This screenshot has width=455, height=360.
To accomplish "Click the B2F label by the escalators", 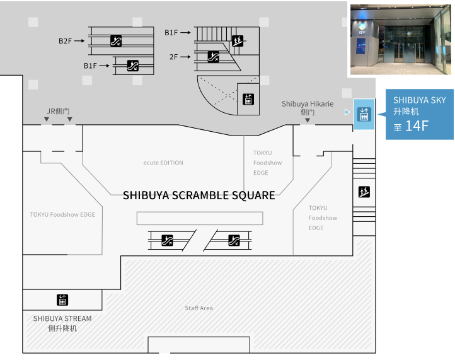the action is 65,41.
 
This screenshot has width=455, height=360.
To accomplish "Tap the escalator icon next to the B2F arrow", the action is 116,41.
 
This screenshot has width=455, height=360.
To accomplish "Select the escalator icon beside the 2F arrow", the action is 213,57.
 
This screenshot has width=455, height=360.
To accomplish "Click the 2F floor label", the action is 173,57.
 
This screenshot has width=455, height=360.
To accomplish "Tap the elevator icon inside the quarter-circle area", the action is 248,99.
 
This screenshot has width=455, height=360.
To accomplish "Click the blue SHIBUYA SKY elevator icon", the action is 364,114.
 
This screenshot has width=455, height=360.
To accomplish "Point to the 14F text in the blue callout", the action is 417,126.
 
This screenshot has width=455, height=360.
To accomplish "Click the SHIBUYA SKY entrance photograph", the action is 401,40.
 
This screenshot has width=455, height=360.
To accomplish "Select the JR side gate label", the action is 58,111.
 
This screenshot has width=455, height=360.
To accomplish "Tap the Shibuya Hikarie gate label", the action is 308,108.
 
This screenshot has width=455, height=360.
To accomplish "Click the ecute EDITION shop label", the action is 163,163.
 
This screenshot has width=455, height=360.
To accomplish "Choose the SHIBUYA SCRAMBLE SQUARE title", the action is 199,195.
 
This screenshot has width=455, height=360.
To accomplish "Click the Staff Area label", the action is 199,308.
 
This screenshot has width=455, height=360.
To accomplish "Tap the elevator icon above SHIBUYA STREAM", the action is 62,300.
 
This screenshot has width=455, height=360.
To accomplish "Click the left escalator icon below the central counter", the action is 167,240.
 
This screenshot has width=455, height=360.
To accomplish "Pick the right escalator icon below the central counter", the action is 234,240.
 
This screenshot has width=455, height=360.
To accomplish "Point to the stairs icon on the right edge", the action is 364,192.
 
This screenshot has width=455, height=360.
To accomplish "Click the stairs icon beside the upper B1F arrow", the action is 238,41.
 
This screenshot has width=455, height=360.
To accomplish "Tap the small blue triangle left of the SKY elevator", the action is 347,112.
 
